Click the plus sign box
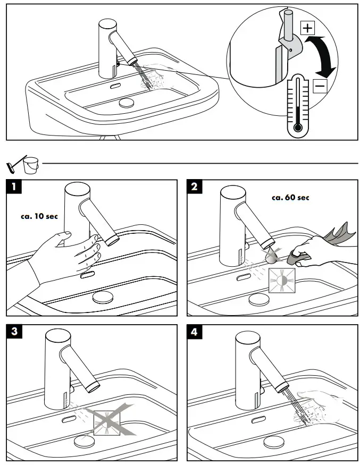307,28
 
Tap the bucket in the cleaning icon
31,165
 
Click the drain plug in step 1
103,297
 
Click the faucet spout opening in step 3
93,386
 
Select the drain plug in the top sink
127,102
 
